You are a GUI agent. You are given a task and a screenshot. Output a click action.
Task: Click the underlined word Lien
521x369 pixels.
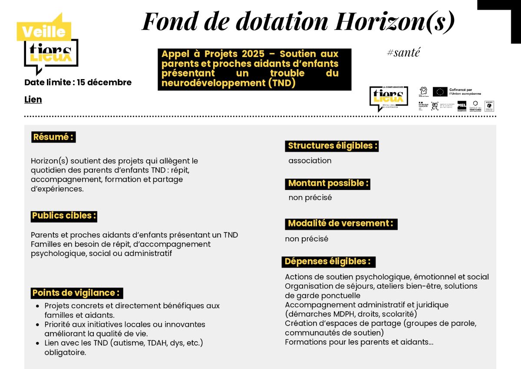(x=33, y=100)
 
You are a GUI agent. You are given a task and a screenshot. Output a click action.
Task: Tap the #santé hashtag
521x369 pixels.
(x=403, y=53)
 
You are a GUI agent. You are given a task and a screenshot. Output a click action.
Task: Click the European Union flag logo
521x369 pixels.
(x=440, y=92)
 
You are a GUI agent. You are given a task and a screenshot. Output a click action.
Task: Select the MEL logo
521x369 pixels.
(x=462, y=106)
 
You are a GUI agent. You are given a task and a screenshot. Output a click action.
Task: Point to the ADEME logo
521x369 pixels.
(x=489, y=106)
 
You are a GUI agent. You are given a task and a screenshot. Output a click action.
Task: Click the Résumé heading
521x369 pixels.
(x=53, y=137)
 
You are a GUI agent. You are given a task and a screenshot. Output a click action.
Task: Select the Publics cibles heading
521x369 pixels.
(x=64, y=216)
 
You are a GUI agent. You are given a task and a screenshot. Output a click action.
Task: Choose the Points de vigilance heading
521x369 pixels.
(x=77, y=293)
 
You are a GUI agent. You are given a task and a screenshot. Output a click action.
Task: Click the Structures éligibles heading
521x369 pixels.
(x=332, y=146)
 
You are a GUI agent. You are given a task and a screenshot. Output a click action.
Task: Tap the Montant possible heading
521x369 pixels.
(x=328, y=183)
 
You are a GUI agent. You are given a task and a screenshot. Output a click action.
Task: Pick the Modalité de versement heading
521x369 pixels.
(x=341, y=224)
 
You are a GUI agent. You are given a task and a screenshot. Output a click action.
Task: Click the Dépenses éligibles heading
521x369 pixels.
(x=328, y=262)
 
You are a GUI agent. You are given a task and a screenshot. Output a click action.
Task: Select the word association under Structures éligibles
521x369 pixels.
(x=310, y=161)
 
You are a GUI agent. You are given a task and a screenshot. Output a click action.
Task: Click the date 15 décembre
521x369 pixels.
(x=104, y=83)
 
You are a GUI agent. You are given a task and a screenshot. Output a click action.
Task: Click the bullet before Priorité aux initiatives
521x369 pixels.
(x=39, y=325)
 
